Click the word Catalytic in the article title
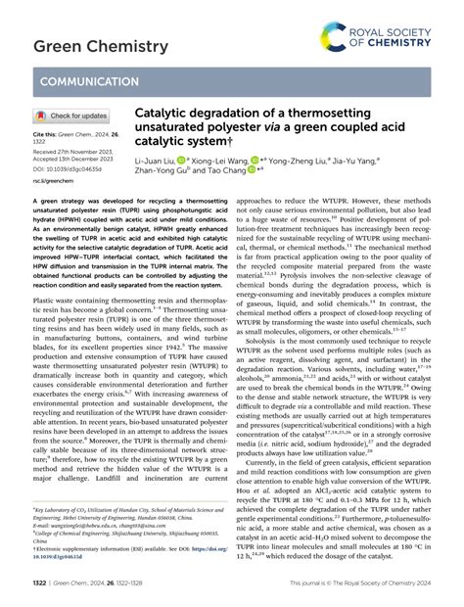click(x=165, y=114)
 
